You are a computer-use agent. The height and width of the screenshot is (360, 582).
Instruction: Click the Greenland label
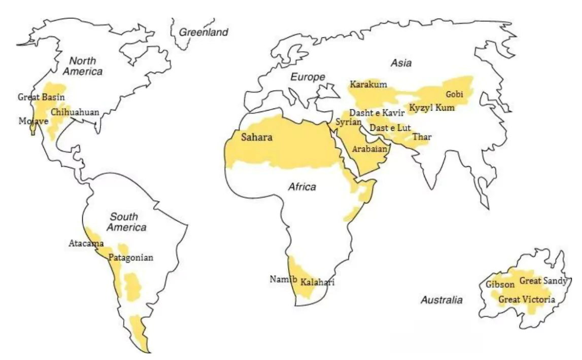203,32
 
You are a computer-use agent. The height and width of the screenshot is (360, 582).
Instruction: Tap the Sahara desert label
257,137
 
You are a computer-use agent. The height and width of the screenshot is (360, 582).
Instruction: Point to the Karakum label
368,84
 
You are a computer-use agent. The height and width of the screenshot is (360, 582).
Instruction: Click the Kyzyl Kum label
432,108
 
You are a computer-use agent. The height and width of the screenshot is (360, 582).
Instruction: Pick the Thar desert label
422,137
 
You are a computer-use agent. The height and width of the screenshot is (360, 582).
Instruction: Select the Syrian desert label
349,122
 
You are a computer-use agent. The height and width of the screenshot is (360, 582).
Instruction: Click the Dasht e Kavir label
376,113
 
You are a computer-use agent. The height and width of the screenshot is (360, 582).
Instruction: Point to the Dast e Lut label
390,128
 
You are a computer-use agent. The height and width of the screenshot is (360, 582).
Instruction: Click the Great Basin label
41,97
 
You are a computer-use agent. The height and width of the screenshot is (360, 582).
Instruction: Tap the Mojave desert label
33,121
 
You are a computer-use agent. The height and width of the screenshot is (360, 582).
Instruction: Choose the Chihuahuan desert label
75,112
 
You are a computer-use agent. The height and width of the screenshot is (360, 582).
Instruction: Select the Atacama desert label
86,243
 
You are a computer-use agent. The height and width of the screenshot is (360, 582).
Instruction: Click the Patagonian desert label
130,258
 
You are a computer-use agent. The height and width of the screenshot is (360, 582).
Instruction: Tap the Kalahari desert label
318,282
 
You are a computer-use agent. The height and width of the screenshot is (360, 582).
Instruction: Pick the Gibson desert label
500,284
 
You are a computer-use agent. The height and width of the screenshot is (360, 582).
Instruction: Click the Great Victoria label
526,300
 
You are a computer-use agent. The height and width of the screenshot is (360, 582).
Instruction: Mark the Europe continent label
307,77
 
